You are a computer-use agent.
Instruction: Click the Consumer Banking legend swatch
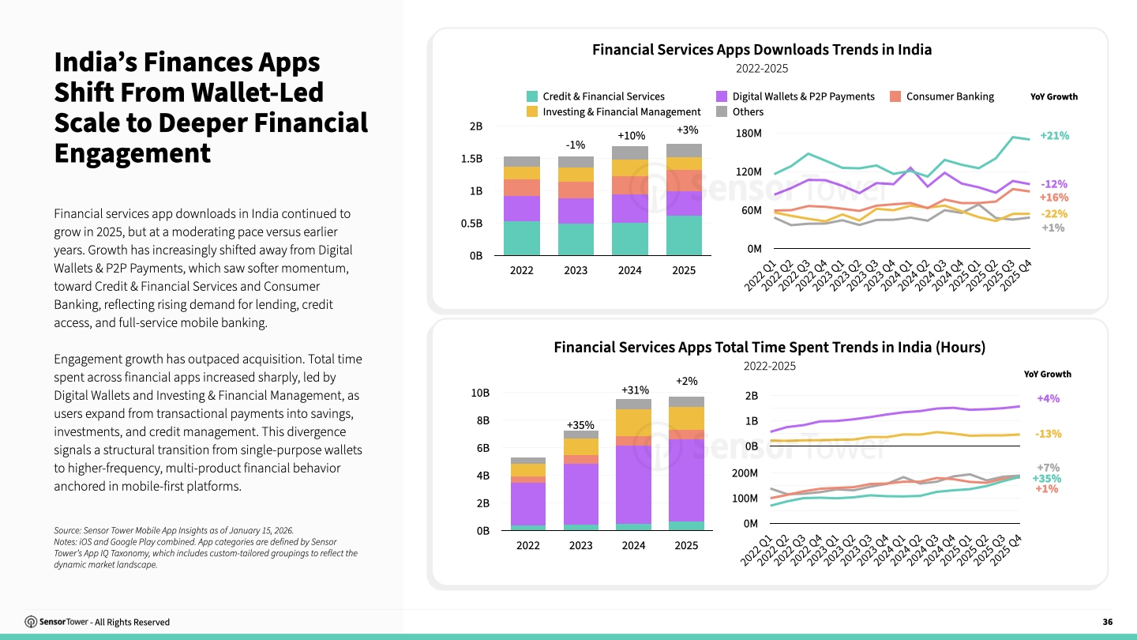[895, 96]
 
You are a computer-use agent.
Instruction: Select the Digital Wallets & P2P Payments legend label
[803, 96]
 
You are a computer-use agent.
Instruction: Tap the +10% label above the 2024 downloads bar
[630, 136]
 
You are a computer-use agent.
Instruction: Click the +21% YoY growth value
[1054, 136]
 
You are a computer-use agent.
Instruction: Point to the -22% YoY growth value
[1054, 214]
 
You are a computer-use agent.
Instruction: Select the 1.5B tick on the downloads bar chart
[472, 159]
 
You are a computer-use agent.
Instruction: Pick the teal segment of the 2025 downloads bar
[684, 235]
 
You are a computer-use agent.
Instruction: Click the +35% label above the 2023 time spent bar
[580, 425]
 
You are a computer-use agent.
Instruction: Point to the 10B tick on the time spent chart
[480, 393]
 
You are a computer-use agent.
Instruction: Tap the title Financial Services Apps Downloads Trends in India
[762, 50]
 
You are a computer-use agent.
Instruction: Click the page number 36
[1107, 622]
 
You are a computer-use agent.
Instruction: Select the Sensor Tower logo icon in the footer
[31, 622]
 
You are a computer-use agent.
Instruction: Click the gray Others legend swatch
[721, 112]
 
